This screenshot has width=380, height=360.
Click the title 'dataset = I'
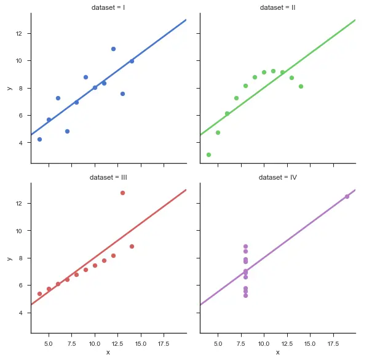(x=108, y=7)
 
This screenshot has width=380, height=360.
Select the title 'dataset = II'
(x=278, y=7)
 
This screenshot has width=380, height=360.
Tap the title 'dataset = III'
(x=108, y=177)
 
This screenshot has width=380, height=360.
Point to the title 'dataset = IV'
(x=278, y=177)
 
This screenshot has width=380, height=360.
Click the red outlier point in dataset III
(x=122, y=193)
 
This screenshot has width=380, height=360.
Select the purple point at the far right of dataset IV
(x=347, y=196)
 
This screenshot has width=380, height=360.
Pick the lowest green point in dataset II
(x=208, y=154)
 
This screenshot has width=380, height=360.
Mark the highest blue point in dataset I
(x=113, y=49)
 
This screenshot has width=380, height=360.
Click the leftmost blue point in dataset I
(x=39, y=139)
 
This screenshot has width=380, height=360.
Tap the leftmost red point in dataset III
(x=39, y=294)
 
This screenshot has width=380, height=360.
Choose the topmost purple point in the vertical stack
(x=245, y=246)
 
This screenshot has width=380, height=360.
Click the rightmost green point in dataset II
(x=301, y=86)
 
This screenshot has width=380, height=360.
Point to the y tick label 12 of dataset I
(x=20, y=33)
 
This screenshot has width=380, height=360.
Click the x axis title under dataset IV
(x=278, y=353)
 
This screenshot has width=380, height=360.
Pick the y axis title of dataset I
(x=8, y=87)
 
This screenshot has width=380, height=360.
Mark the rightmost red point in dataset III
(x=132, y=246)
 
